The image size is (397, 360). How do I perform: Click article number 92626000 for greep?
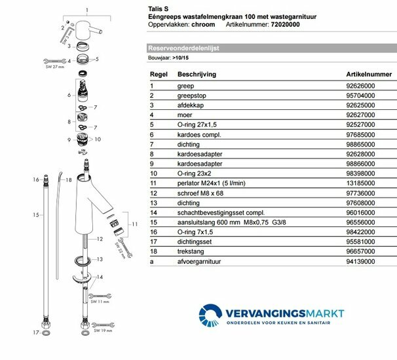pyautogui.click(x=348, y=85)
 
